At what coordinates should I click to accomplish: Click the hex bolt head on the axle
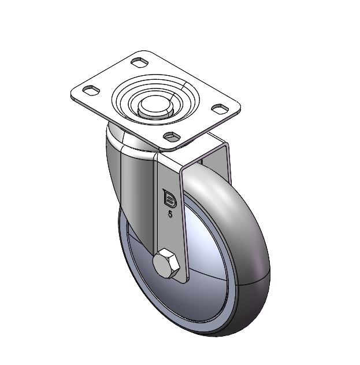(x=166, y=263)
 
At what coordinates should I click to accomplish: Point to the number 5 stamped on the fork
(x=170, y=215)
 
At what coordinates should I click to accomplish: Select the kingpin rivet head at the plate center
(x=155, y=108)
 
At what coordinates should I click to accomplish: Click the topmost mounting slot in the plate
(x=139, y=62)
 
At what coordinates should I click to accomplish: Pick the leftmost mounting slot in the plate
(x=91, y=90)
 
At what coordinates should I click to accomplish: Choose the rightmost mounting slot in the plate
(x=220, y=109)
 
